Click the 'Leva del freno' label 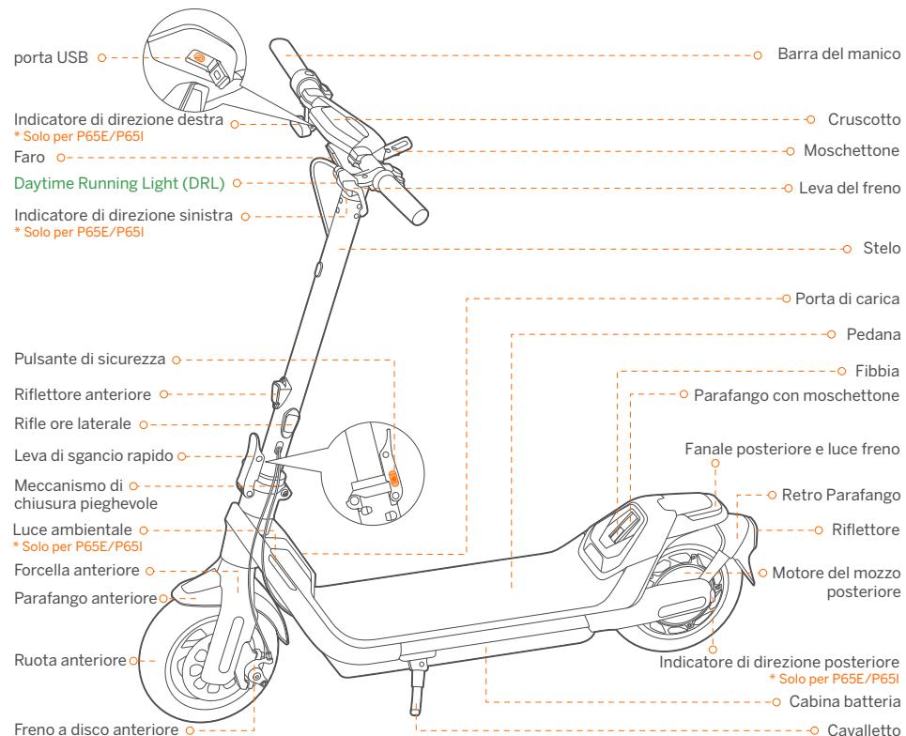[845, 188]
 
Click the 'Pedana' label [865, 333]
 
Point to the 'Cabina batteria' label [840, 701]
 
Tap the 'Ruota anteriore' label [71, 661]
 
